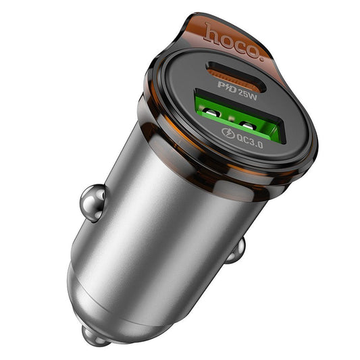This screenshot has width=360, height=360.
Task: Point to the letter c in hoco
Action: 238,42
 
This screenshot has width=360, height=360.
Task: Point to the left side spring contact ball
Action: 92,199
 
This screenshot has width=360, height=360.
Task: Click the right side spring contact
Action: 236,252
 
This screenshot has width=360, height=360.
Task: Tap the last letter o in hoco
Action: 251,47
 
